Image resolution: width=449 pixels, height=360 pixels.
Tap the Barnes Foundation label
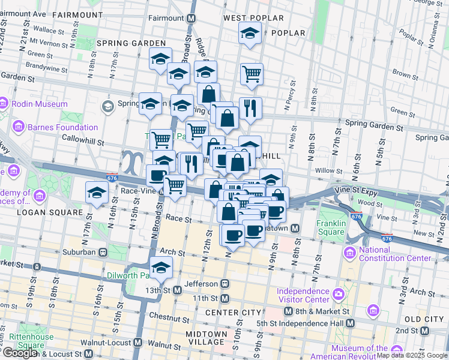(62, 127)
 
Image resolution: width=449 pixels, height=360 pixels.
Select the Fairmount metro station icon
(191, 19)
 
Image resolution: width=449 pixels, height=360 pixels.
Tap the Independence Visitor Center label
(304, 295)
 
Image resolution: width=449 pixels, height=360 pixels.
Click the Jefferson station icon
(224, 283)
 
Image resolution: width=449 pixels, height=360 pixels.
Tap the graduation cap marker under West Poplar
(248, 34)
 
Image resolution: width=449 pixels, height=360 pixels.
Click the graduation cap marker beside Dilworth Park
(161, 268)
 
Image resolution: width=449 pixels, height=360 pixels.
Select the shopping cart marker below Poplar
(252, 74)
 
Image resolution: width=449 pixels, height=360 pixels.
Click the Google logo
(19, 353)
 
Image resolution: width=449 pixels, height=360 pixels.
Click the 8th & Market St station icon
(288, 311)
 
